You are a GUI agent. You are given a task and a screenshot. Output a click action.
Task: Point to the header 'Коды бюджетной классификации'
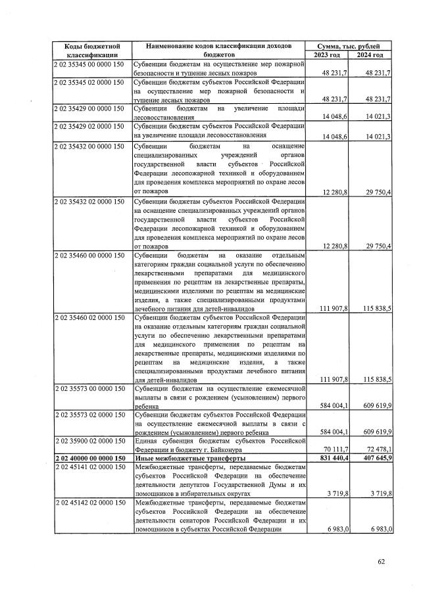click(x=91, y=50)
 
